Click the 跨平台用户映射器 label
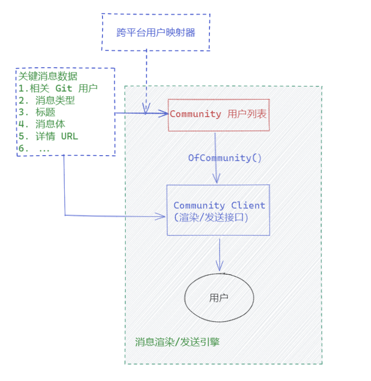156,33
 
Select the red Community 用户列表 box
218,115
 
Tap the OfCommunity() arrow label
225,158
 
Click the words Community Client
219,205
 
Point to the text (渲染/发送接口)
211,218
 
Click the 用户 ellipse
219,297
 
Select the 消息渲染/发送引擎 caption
178,342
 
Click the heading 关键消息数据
47,76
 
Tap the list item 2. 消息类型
47,101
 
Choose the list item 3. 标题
37,112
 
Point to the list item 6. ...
34,148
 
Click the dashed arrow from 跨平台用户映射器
146,77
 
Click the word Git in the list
63,88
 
